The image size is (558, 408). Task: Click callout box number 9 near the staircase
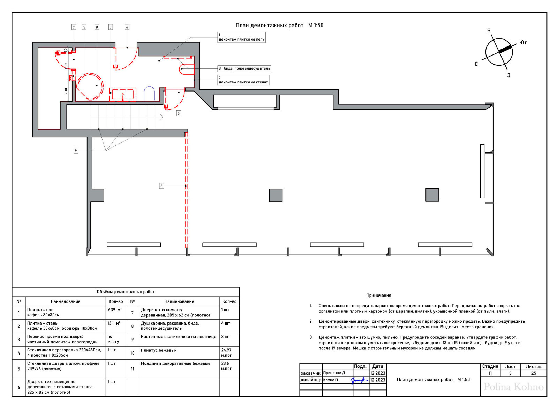coord(76,151)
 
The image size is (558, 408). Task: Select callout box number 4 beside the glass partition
coord(162,186)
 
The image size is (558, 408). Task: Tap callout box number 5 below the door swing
coord(179,113)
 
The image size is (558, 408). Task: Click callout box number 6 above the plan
coord(127,27)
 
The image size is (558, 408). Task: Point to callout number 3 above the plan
coord(84,27)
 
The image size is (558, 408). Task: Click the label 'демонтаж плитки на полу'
coord(241,39)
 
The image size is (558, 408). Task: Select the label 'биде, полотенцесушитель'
coord(247,68)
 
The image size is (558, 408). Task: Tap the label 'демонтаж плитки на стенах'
coord(243,82)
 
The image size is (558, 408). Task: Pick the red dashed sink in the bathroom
coord(123,95)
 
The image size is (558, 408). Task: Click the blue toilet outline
coord(150,94)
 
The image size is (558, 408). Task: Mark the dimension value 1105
coord(66,66)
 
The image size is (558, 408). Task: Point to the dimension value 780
coord(66,91)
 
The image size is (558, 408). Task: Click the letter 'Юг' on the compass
coord(523,43)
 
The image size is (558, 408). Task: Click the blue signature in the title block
coord(360,380)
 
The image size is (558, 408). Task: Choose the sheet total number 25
coord(534,373)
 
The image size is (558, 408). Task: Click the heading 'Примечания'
coord(379,296)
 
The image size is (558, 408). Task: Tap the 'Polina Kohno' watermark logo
coord(513,387)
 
